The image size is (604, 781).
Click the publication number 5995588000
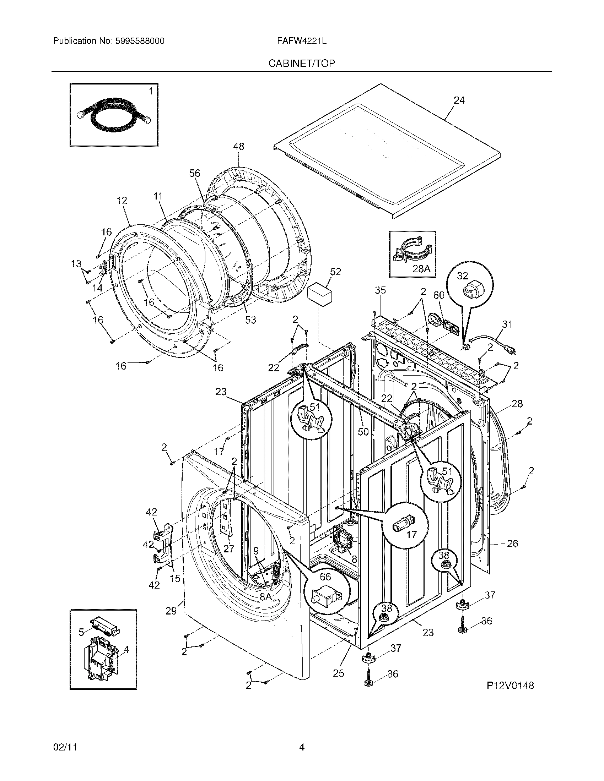[x=140, y=41]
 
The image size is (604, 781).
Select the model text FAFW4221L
[x=302, y=41]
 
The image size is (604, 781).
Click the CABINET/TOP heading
[x=302, y=64]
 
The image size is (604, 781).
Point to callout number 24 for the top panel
[x=459, y=101]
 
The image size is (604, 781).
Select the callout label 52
[x=335, y=272]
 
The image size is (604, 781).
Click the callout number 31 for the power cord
[x=507, y=324]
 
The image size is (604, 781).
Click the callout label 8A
[x=265, y=596]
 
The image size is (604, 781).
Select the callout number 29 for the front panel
[x=171, y=611]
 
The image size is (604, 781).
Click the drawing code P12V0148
[x=510, y=686]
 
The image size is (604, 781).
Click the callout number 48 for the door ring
[x=239, y=147]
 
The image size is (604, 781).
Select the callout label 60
[x=439, y=295]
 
